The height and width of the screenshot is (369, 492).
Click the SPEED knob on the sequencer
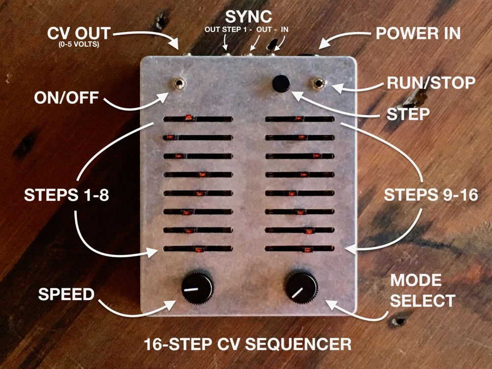click(x=197, y=286)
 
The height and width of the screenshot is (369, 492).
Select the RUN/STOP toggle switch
click(x=319, y=84)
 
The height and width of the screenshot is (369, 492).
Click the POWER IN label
click(x=418, y=33)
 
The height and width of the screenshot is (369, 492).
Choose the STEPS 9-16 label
click(x=424, y=195)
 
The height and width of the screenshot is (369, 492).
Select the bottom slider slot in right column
click(x=300, y=249)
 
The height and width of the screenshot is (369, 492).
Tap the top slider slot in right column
click(x=300, y=119)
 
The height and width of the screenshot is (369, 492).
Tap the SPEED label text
click(x=66, y=295)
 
